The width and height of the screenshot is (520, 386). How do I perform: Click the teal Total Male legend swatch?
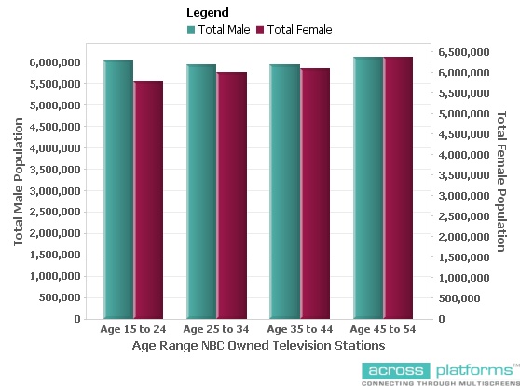[191, 30]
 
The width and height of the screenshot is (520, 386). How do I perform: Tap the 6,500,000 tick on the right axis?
[459, 52]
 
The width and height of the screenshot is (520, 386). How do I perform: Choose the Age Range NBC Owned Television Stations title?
[256, 346]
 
